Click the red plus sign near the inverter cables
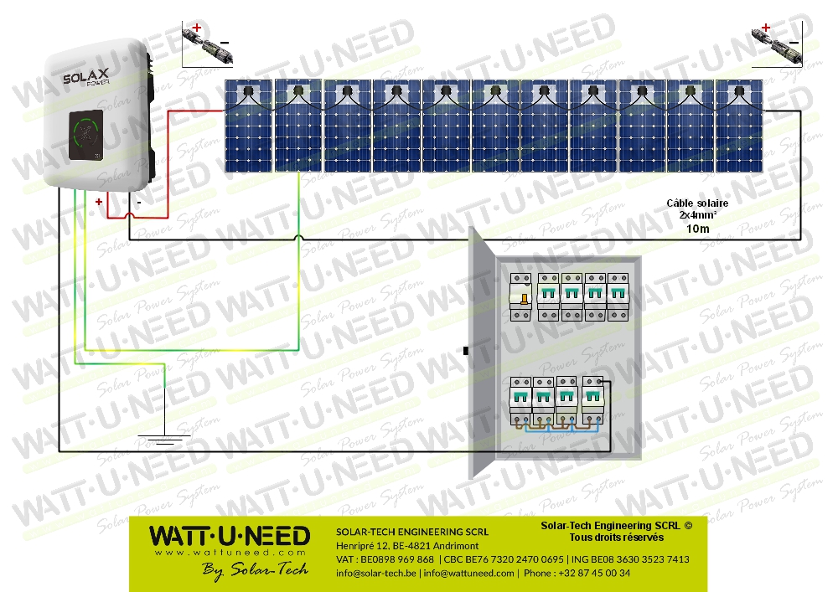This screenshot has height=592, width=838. tap(99, 202)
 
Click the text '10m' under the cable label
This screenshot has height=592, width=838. tap(697, 229)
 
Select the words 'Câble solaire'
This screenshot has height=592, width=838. tap(697, 203)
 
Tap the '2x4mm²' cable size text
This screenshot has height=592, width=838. tap(697, 216)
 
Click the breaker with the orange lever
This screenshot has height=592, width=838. tap(522, 297)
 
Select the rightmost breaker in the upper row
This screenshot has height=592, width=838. tap(618, 297)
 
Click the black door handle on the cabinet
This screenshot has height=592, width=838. tap(465, 351)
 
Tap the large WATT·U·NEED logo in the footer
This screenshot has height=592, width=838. tap(229, 536)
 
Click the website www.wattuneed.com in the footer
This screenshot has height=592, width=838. tap(229, 553)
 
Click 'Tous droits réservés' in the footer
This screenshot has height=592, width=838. tap(616, 537)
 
